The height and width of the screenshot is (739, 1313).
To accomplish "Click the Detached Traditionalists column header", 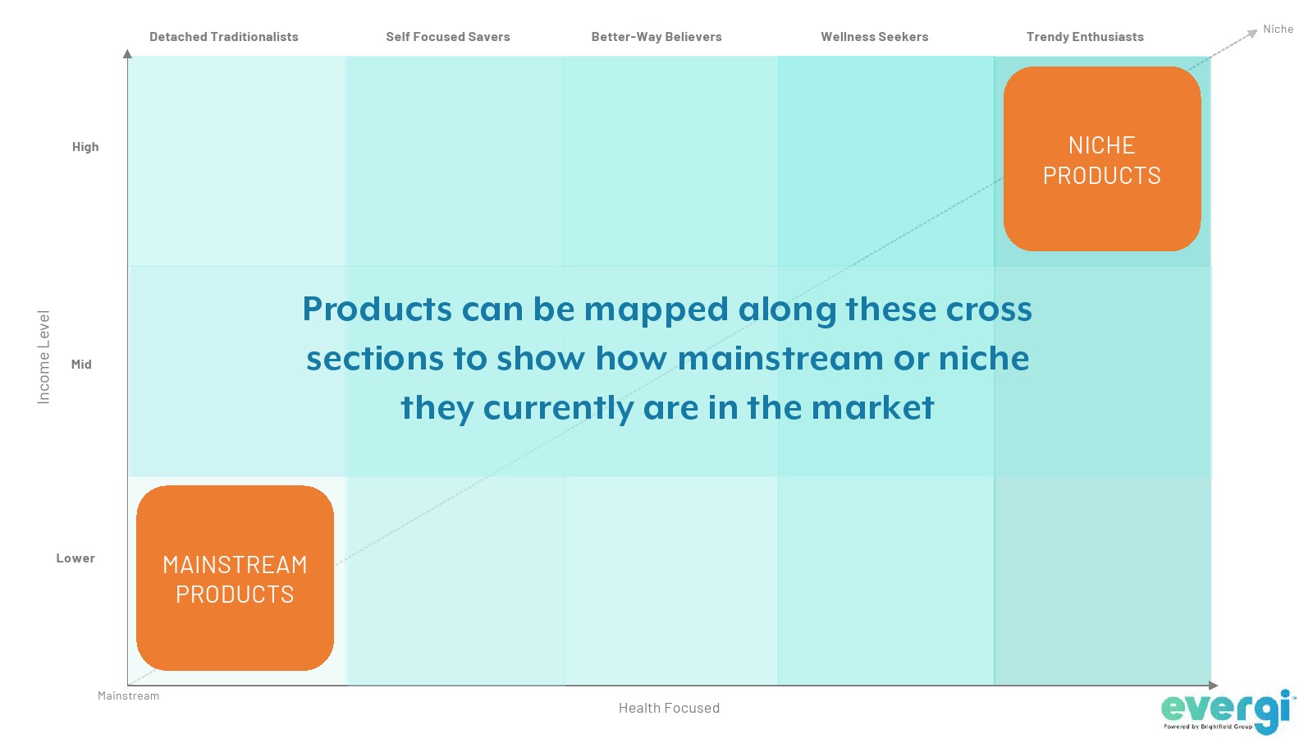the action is [x=224, y=36].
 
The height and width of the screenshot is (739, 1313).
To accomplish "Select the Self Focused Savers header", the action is [x=448, y=36].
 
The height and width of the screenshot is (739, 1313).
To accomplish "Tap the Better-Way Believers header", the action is [x=656, y=36].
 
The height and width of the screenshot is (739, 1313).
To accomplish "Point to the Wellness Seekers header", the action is [x=875, y=36].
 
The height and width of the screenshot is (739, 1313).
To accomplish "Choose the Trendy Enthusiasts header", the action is [x=1085, y=36].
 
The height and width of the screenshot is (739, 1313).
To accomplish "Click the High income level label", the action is [x=85, y=147].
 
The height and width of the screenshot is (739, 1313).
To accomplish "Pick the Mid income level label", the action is [x=81, y=365].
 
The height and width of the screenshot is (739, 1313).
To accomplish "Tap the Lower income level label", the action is [x=75, y=558].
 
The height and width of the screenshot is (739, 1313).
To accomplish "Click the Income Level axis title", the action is [x=43, y=357].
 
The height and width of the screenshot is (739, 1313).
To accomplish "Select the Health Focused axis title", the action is [x=670, y=708].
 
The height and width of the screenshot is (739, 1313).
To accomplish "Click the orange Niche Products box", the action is [x=1102, y=159].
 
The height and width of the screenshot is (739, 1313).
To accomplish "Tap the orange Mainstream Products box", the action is [x=235, y=578].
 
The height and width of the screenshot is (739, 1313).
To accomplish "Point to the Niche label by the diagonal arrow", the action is [x=1278, y=29].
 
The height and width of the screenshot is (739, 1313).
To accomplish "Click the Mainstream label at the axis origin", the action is [x=128, y=695].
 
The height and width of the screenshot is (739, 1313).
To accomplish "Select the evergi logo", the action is [x=1228, y=712].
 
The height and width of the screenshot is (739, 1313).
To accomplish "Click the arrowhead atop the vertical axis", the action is [x=127, y=54].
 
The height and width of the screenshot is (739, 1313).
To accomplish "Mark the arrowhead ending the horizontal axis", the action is [x=1214, y=685].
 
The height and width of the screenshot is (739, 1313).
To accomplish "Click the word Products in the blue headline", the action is [x=377, y=309].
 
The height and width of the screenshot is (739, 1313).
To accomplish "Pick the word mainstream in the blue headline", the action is [x=780, y=358].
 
